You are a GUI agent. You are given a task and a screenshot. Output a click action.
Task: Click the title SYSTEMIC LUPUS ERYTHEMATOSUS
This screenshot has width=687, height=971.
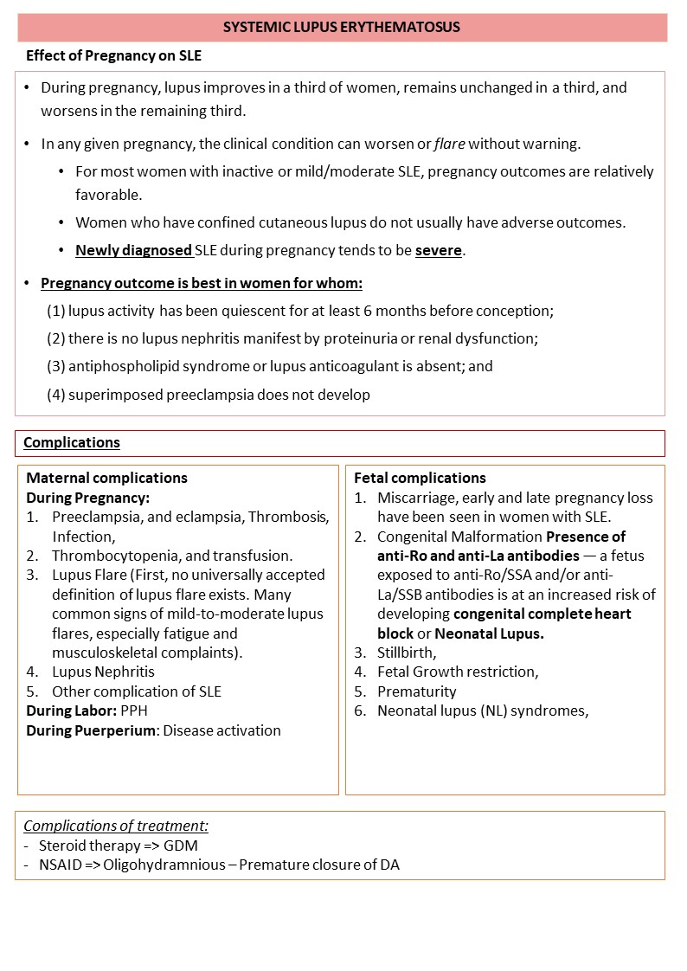click(342, 28)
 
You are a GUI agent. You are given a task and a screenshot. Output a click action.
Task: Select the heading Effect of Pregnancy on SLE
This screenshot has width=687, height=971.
click(113, 55)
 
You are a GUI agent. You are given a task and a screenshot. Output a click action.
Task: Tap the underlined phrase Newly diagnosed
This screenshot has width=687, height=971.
click(133, 251)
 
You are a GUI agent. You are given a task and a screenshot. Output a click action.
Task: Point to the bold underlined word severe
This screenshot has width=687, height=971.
click(439, 251)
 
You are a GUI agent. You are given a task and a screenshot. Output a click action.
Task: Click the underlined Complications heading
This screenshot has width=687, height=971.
click(72, 443)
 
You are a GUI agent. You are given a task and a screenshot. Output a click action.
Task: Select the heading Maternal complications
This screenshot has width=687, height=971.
click(106, 478)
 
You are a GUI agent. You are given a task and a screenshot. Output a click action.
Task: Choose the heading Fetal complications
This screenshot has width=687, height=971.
click(420, 478)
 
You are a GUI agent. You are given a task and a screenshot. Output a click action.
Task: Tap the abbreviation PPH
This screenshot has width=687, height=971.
click(135, 711)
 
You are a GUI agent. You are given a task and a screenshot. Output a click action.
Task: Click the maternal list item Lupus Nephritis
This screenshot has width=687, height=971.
click(103, 672)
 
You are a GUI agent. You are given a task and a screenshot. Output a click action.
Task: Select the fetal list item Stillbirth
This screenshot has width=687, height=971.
click(407, 652)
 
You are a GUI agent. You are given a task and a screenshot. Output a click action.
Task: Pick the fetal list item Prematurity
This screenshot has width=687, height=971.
click(416, 691)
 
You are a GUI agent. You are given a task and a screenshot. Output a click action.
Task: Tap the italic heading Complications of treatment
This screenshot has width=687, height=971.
click(116, 826)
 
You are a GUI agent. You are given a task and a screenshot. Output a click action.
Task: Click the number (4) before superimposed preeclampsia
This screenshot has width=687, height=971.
click(56, 395)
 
